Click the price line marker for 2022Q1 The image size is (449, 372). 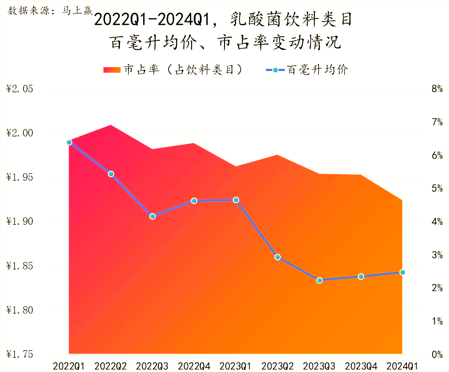pos(69,142)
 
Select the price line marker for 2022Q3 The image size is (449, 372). pos(153,216)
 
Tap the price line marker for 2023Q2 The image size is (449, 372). pos(278,257)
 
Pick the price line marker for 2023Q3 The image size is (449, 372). pos(320,280)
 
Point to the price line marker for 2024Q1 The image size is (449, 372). pos(402,272)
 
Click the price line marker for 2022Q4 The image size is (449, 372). pos(194,201)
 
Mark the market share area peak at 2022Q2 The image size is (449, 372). pos(111,125)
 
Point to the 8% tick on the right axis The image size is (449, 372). pos(437,89)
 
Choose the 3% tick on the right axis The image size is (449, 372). pos(437,255)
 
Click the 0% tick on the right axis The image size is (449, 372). pos(437,355)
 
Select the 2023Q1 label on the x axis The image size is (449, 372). pos(236,366)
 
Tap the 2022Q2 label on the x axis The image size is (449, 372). pos(111,366)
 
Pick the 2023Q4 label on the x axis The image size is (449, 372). pos(361,366)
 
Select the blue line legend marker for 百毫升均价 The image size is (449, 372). pos(274,70)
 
